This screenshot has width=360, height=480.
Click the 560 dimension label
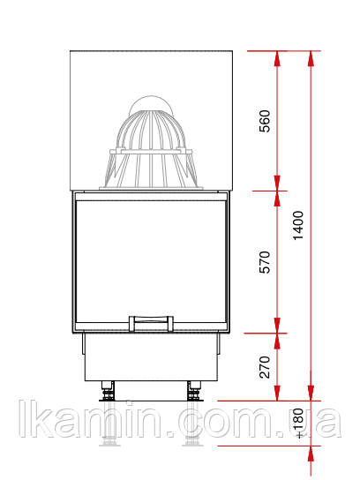(265, 121)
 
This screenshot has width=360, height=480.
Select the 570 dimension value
(265, 262)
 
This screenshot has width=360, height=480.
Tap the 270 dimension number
(265, 367)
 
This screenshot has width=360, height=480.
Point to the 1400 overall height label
(298, 225)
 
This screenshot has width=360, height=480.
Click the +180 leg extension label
(298, 423)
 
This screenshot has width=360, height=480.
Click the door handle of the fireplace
(151, 324)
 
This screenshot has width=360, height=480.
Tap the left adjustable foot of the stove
(108, 391)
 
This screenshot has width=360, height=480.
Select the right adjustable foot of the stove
(194, 391)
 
